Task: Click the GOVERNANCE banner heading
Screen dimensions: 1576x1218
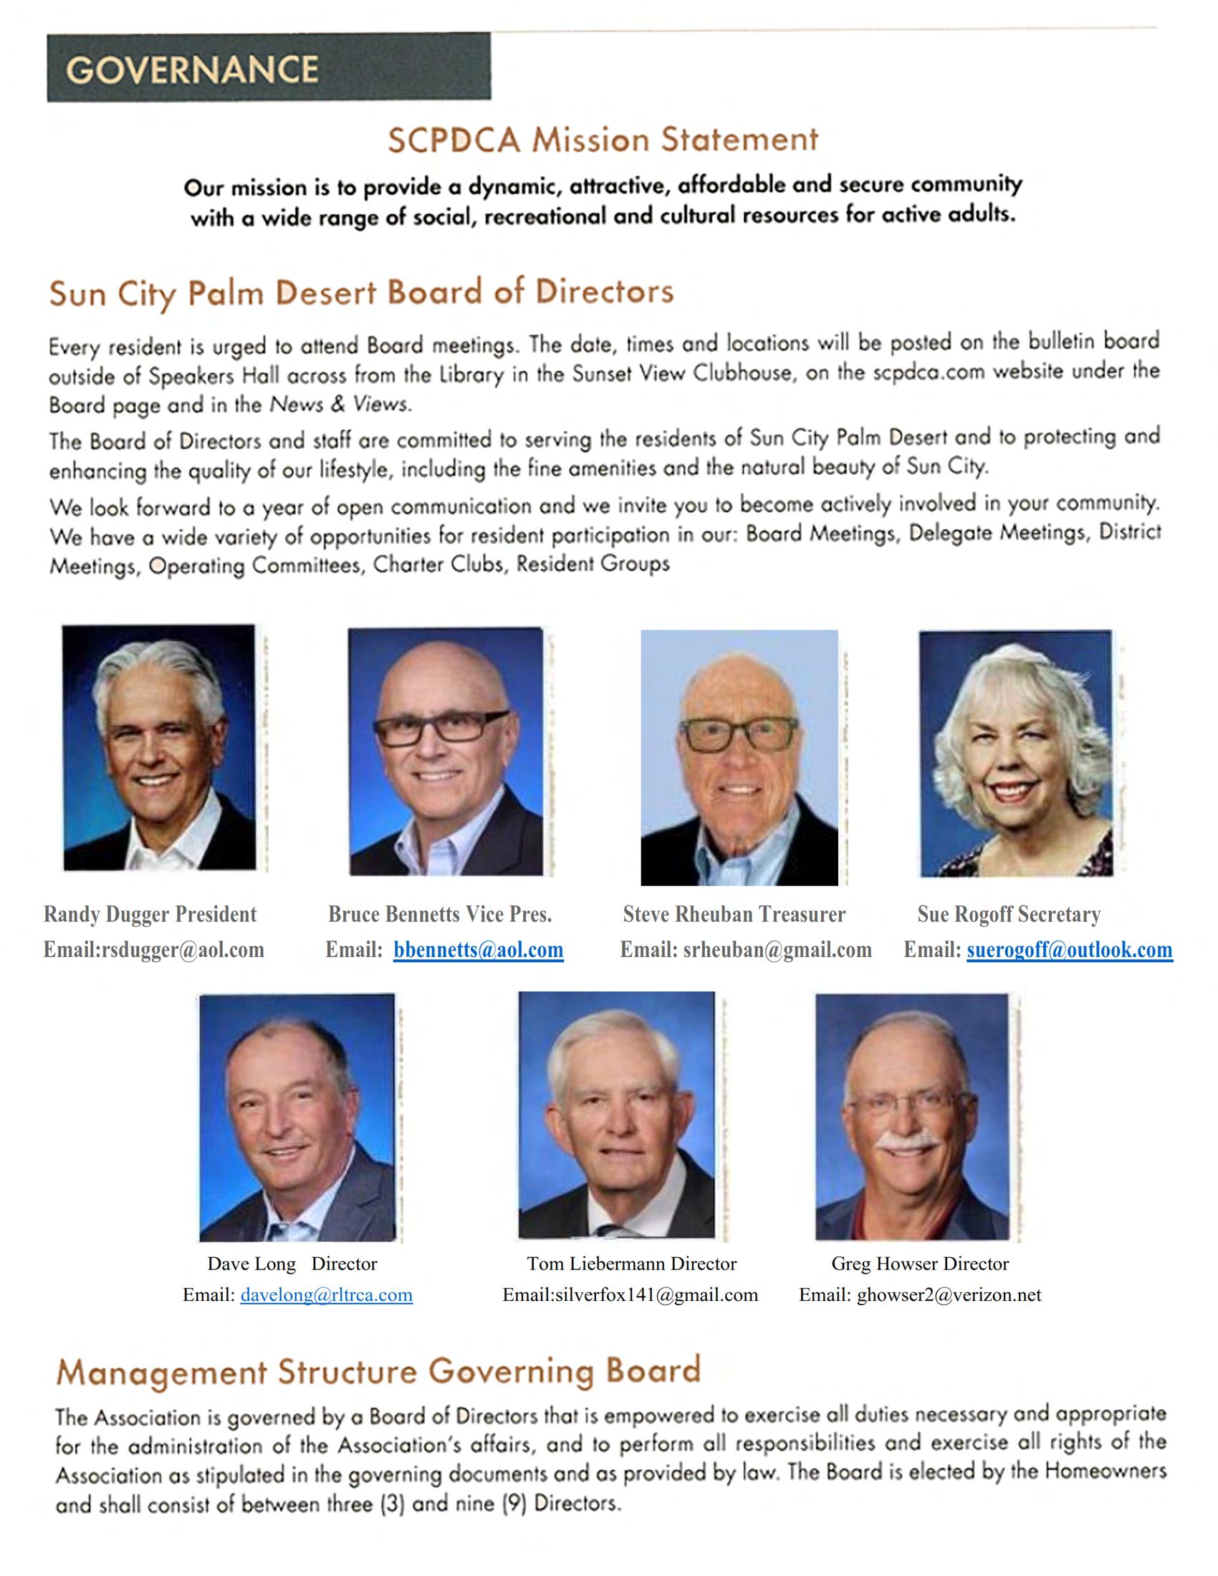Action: click(192, 69)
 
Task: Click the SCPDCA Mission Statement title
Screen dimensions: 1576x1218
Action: click(603, 139)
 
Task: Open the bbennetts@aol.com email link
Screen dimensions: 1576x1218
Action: click(478, 950)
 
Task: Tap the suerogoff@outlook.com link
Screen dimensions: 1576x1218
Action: click(1069, 950)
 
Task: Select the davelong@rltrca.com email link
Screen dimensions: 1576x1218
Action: click(326, 1294)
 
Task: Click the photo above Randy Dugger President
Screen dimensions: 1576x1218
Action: click(159, 747)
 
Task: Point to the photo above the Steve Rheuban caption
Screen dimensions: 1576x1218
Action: click(739, 757)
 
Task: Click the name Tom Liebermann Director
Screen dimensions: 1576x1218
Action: click(631, 1264)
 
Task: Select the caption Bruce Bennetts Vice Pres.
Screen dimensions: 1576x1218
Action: click(439, 914)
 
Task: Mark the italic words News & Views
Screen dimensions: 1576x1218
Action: click(339, 405)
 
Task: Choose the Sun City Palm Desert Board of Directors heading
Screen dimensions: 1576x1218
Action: click(361, 293)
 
